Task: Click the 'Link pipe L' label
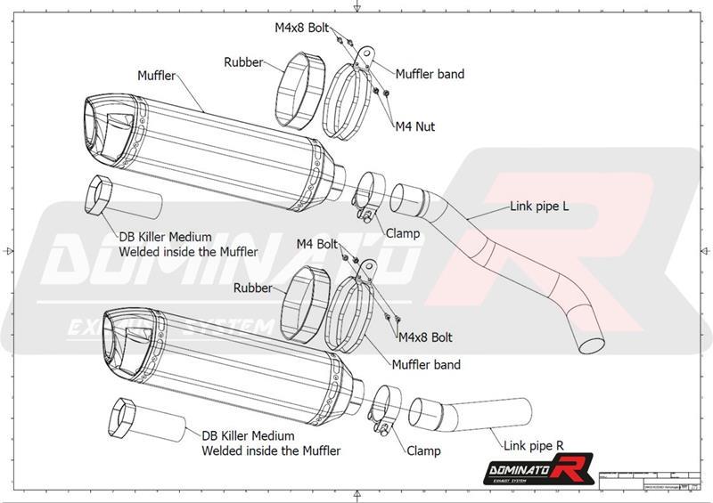(540, 207)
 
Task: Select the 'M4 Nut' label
(414, 127)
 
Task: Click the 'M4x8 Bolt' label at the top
(302, 28)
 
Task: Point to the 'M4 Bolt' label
(316, 243)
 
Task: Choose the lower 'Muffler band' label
(426, 364)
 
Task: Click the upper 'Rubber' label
(242, 62)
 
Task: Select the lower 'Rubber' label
(252, 288)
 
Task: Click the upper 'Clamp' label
(403, 233)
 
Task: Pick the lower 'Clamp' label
(423, 450)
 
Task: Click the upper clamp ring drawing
(366, 195)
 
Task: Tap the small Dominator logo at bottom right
(524, 468)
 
